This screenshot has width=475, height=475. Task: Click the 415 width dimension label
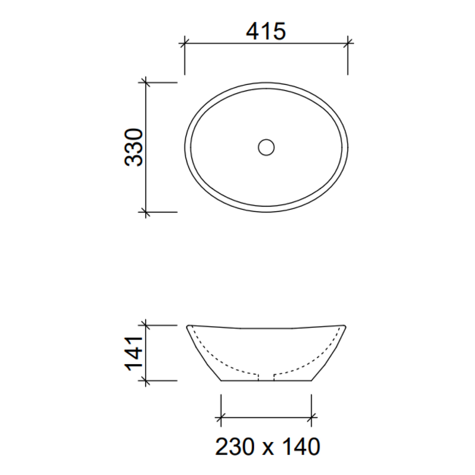coord(266,32)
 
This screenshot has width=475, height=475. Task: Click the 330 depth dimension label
coord(134,147)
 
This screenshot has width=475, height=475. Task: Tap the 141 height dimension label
coord(134,353)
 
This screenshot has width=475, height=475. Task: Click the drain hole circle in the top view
coord(266,147)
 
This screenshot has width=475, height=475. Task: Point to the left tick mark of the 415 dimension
coord(185,43)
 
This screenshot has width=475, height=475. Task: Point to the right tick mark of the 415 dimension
coord(347,43)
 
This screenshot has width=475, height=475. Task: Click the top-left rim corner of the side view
coord(188,326)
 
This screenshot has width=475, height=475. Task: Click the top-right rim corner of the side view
coord(344,326)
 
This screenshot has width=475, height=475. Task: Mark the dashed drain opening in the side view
coord(266,376)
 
